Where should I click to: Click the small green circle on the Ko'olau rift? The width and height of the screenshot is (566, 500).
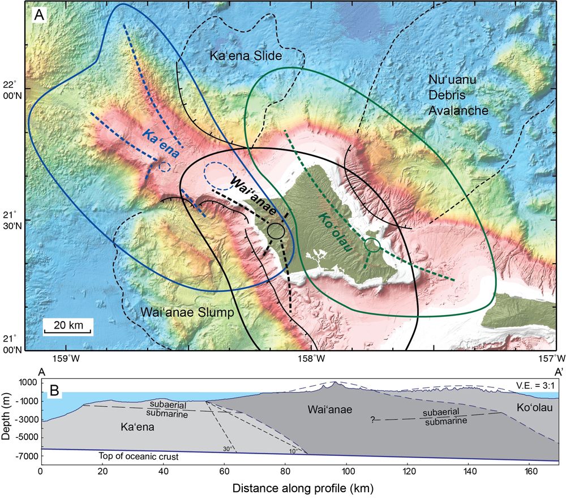372,245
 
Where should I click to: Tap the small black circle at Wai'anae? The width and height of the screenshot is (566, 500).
276,230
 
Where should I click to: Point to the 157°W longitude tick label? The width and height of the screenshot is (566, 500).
552,358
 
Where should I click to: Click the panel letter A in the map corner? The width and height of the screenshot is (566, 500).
40,15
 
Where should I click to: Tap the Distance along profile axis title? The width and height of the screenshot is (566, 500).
299,486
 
